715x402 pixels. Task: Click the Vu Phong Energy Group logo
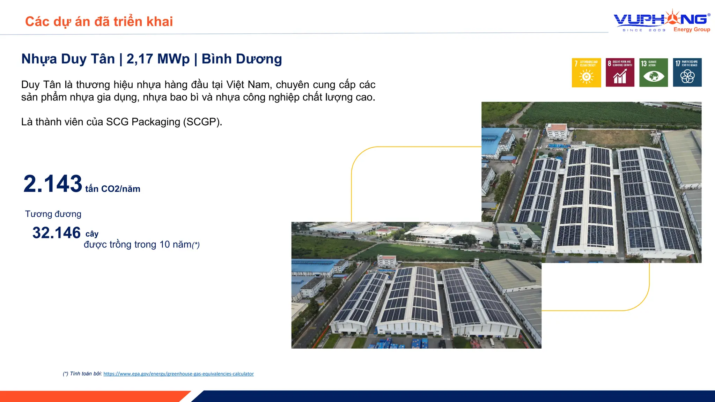pos(662,21)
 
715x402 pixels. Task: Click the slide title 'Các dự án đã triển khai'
pos(99,22)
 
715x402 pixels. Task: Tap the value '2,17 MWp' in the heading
pos(158,59)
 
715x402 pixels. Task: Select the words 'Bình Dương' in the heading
pos(242,59)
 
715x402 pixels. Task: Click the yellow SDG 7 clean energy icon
pos(586,73)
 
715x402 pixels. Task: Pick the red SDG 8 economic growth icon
pos(620,73)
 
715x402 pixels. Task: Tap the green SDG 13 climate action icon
pos(654,73)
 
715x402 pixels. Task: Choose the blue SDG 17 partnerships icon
pos(687,73)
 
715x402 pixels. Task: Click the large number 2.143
pos(53,184)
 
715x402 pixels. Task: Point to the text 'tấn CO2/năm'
pos(113,189)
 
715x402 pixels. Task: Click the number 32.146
pos(57,233)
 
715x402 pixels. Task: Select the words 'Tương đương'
pos(53,214)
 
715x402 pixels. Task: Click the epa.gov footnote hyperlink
pos(178,374)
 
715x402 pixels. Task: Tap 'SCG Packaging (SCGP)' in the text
pos(164,122)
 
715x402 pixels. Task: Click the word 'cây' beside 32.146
pos(92,234)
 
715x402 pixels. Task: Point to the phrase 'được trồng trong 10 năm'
pos(138,244)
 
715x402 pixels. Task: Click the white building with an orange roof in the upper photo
pos(556,131)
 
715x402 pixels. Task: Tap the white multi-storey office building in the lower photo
pos(387,261)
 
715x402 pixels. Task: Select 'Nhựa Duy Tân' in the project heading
pos(68,59)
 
